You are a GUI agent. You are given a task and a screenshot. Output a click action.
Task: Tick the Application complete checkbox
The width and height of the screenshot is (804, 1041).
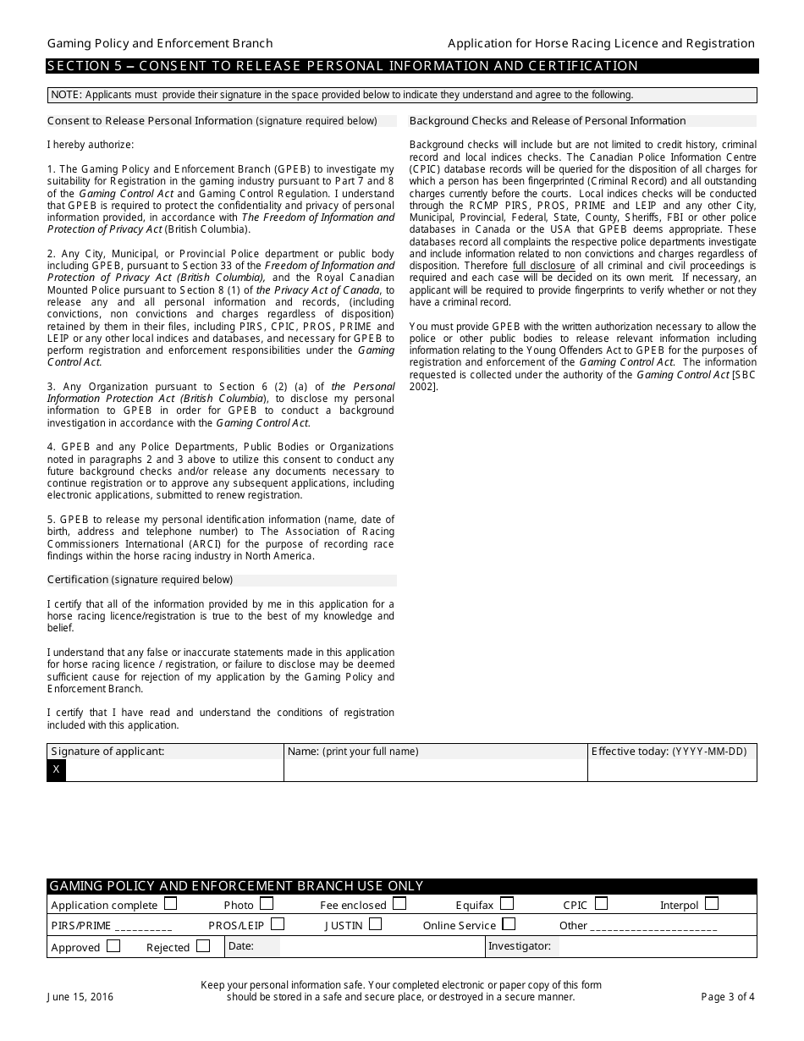pos(171,904)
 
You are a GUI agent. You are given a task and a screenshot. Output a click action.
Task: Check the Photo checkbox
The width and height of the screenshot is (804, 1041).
pos(267,904)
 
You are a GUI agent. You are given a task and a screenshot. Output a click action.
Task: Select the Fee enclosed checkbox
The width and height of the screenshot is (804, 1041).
pos(399,904)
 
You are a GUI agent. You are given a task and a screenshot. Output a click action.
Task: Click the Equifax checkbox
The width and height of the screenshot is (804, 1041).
pos(507,904)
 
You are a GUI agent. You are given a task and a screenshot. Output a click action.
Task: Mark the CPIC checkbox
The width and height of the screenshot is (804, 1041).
pos(601,904)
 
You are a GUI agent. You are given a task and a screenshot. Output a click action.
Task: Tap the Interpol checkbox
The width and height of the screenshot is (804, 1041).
pos(712,904)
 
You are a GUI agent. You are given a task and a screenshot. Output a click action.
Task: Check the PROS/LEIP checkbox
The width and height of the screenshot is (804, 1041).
pos(278,924)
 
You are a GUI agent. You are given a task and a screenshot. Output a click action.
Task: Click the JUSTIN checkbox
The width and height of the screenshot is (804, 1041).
pos(375,924)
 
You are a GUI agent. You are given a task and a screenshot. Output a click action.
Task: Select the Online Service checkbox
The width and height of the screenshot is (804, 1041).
pos(509,924)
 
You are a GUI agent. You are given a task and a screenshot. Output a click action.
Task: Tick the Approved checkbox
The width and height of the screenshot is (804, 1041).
pos(113,946)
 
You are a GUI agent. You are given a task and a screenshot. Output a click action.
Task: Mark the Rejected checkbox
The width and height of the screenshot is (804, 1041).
pos(203,946)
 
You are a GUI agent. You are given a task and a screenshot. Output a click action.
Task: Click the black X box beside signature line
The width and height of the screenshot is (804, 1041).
pos(56,769)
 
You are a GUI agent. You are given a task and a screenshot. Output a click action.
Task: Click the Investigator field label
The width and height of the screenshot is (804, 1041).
pos(520,946)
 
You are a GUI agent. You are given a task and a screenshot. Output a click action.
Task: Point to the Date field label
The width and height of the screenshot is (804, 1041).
pos(241,946)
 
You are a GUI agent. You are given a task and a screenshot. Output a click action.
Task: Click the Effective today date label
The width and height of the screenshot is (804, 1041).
pos(669,752)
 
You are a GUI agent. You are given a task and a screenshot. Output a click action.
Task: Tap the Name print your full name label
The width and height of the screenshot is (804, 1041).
pos(353,752)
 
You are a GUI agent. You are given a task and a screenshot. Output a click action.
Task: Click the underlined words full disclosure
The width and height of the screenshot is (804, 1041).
pos(543,266)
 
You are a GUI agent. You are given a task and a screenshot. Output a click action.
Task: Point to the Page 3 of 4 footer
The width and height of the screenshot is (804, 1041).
pos(728,997)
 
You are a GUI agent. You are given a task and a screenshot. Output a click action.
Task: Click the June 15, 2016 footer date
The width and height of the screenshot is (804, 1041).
pos(80,997)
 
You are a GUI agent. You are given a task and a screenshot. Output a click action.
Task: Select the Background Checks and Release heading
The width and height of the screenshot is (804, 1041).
pos(548,121)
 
